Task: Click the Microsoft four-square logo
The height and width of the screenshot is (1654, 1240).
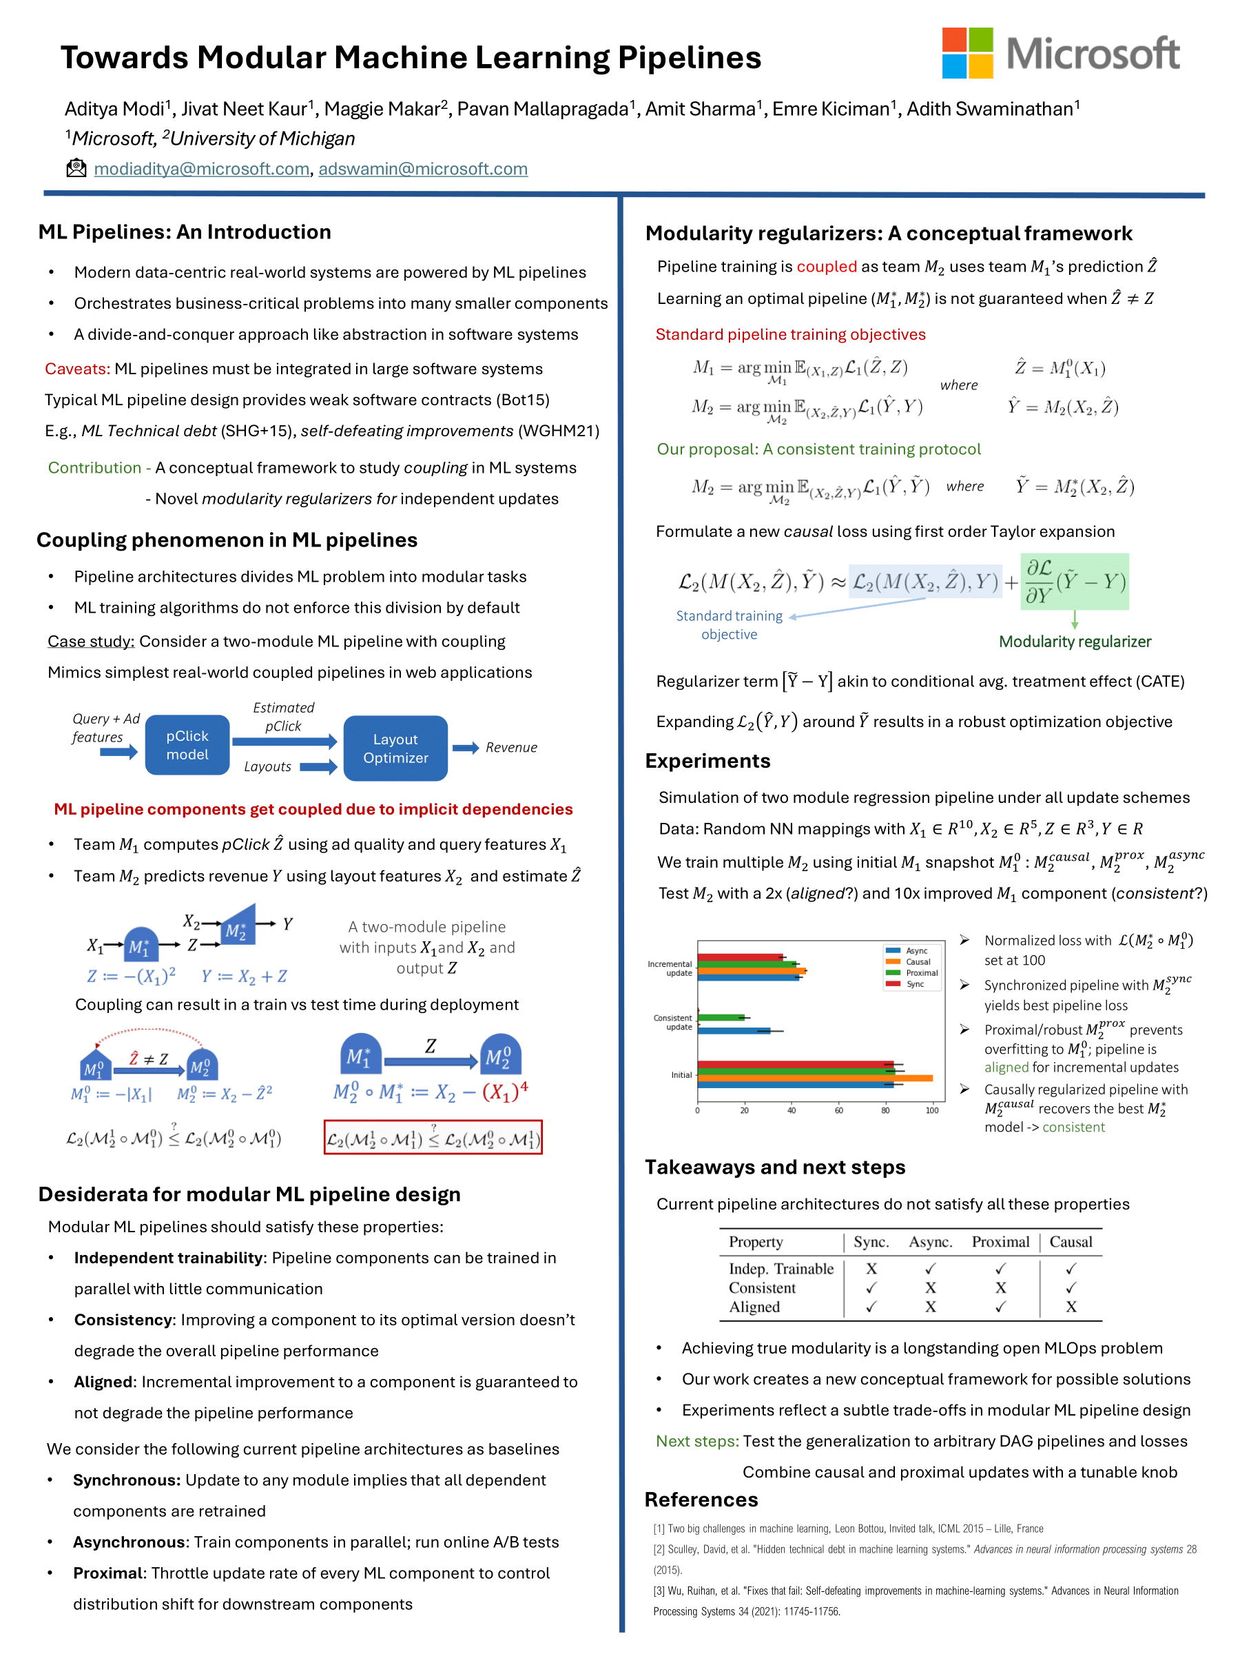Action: pos(967,52)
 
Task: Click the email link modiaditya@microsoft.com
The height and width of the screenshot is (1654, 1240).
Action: pos(201,169)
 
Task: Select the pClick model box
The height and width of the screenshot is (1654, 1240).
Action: pos(187,745)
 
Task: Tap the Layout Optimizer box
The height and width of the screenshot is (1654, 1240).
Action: pos(395,748)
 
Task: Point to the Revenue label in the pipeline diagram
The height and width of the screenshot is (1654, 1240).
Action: pos(511,748)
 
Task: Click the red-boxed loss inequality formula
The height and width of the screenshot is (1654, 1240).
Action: pos(433,1137)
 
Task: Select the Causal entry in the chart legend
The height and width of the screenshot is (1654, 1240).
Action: pos(917,961)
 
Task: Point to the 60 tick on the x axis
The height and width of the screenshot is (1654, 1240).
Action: pos(838,1110)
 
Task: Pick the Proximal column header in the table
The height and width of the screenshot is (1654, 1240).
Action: pos(1000,1242)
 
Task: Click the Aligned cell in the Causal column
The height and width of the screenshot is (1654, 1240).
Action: pos(1071,1307)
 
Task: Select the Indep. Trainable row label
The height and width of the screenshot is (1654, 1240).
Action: pos(781,1269)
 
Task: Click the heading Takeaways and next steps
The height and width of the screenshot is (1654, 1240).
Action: pos(775,1167)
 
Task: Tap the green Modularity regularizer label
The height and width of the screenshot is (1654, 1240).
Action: pos(1075,642)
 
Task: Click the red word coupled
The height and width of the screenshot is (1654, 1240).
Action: pos(826,267)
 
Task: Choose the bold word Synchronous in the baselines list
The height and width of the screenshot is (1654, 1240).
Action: pos(126,1480)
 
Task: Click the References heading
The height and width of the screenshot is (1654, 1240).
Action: pos(701,1500)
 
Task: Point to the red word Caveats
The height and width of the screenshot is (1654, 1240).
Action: pos(77,369)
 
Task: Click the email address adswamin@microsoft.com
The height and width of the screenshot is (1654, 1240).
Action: pos(423,169)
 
